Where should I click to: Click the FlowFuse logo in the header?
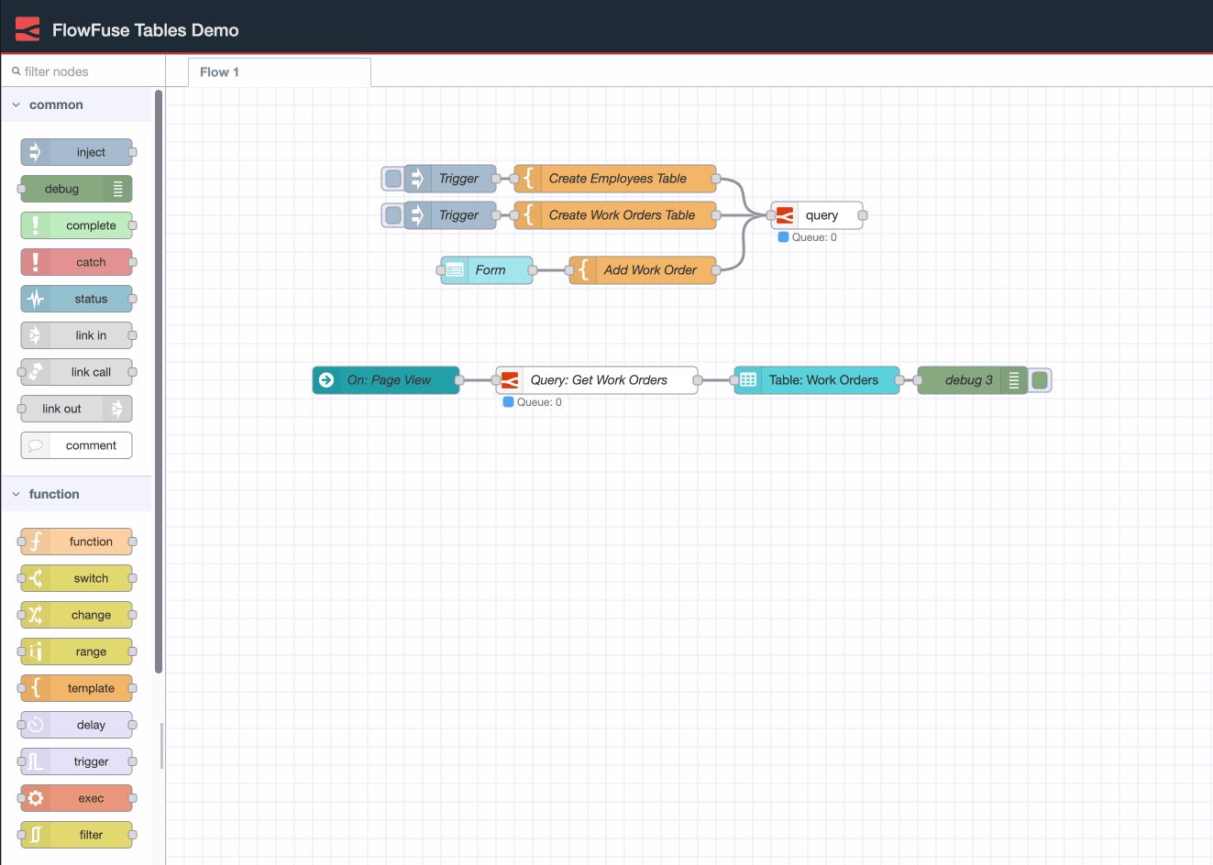point(28,29)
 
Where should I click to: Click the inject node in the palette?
point(77,152)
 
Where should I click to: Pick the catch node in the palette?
point(77,262)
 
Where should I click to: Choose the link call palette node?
point(77,372)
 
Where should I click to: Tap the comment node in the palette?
point(77,445)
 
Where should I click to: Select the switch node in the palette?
point(77,578)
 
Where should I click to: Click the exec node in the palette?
point(77,798)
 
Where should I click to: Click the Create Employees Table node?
point(616,179)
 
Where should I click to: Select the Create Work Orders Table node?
point(616,215)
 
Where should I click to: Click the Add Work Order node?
point(644,270)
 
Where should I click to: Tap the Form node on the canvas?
point(488,270)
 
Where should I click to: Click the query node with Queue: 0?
point(818,215)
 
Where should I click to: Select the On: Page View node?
point(387,380)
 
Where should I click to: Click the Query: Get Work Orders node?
point(598,380)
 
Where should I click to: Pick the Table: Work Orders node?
point(818,380)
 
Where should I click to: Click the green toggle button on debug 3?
point(1040,380)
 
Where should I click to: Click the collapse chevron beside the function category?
point(16,494)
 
